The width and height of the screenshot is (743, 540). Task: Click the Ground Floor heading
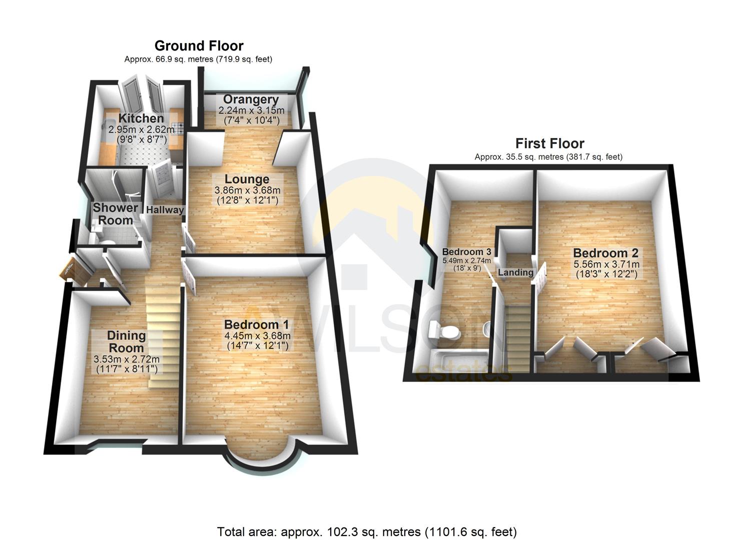pos(199,46)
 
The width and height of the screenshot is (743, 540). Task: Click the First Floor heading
pos(549,144)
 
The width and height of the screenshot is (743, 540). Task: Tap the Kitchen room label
pos(141,118)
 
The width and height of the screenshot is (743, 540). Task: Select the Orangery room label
pos(251,99)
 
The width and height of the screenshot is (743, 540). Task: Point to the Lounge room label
pos(247,179)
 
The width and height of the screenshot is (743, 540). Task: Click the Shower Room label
pos(115,214)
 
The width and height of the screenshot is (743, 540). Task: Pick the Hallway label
pos(165,210)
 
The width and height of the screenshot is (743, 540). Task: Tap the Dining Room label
pos(127,342)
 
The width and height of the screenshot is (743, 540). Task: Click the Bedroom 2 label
pos(605,253)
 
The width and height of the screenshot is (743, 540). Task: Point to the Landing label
pos(515,272)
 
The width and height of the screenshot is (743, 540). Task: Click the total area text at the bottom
pos(366,531)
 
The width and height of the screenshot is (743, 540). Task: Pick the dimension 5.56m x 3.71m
pos(605,264)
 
